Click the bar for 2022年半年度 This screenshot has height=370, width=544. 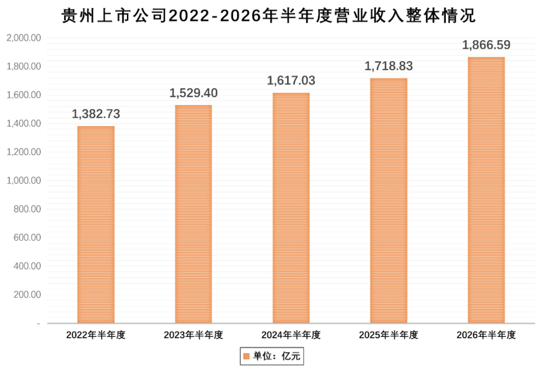coord(96,225)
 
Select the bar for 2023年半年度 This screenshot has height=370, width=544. coord(193,214)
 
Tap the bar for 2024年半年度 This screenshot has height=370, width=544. coord(291,208)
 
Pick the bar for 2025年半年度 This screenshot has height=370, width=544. coord(388,201)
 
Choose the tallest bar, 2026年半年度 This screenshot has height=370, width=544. coord(487,190)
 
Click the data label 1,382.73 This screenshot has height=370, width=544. coord(96,114)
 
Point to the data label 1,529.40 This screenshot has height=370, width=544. coord(193,93)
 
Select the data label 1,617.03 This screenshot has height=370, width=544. coord(291,81)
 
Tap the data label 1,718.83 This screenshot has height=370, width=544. coord(388,66)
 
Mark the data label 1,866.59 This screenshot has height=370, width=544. coord(487,45)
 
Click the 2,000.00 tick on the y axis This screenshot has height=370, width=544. coord(24,38)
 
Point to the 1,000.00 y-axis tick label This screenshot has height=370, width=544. coord(24,180)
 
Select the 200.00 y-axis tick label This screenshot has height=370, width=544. coord(27,294)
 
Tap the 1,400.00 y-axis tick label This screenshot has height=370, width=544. coord(24,123)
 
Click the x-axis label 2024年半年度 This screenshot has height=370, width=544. coord(291,335)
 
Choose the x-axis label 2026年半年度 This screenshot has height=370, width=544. coord(487,335)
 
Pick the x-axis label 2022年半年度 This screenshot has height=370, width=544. coord(96,335)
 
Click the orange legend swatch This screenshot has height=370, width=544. coord(246,356)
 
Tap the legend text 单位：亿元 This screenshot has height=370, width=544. coord(277,356)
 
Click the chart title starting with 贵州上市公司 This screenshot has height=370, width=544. coord(268,16)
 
